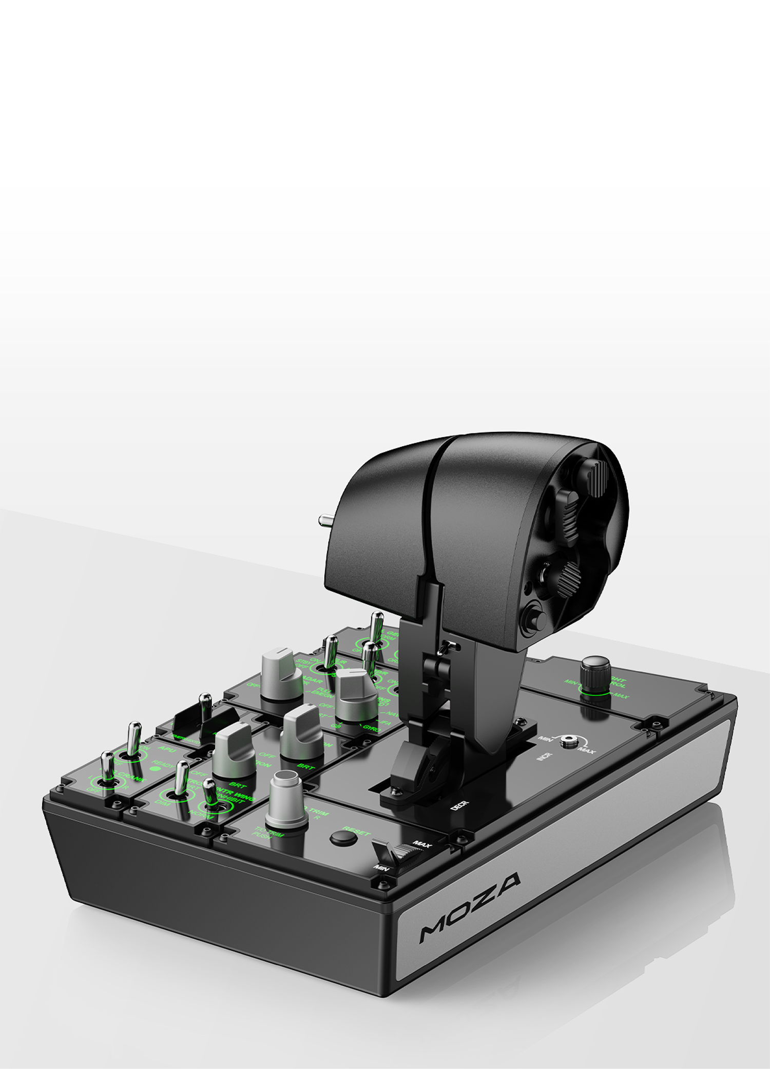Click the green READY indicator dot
tap(155, 768)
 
